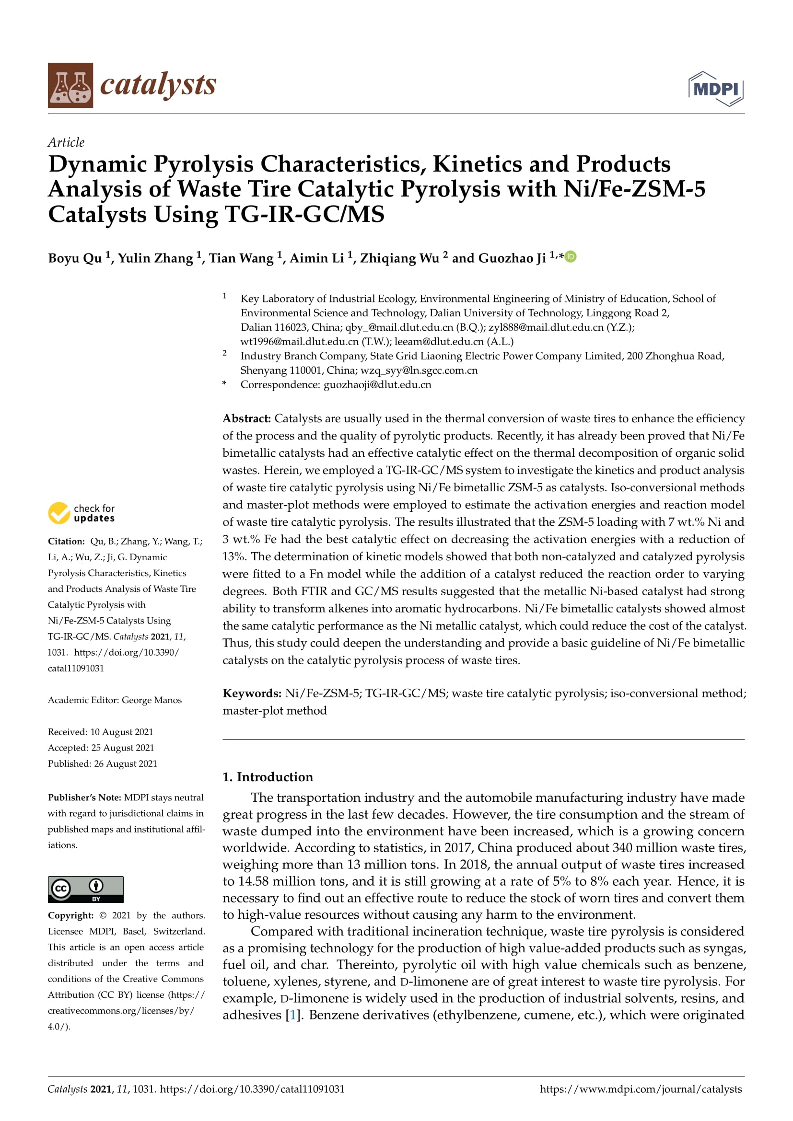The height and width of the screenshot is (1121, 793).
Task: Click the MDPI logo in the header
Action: [x=715, y=88]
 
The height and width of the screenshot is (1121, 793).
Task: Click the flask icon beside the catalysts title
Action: [x=70, y=85]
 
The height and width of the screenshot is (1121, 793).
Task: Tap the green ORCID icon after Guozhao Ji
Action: [x=571, y=256]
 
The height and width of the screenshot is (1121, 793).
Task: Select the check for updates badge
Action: [x=82, y=513]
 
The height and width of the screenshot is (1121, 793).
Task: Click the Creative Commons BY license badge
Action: [x=85, y=889]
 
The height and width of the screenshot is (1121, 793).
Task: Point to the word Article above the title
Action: [x=66, y=142]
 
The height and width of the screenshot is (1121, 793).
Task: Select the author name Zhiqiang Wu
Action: [x=399, y=258]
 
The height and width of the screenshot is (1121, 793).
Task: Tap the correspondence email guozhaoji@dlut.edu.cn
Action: [x=377, y=384]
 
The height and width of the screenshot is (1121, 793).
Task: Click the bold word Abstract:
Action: [x=246, y=418]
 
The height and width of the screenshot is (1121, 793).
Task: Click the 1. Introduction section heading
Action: [x=268, y=777]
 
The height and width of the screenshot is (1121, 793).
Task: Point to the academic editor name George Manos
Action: [x=152, y=700]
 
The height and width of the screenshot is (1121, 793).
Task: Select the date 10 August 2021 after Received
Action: [x=122, y=732]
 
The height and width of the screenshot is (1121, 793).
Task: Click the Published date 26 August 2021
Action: [x=126, y=763]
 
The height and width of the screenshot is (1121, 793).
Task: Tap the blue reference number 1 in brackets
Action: [x=293, y=1015]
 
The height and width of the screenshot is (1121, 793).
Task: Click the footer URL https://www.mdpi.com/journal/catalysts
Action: [x=641, y=1089]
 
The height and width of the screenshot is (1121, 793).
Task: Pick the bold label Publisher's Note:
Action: [x=84, y=797]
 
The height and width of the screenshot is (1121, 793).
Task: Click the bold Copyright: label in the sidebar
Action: [x=71, y=915]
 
